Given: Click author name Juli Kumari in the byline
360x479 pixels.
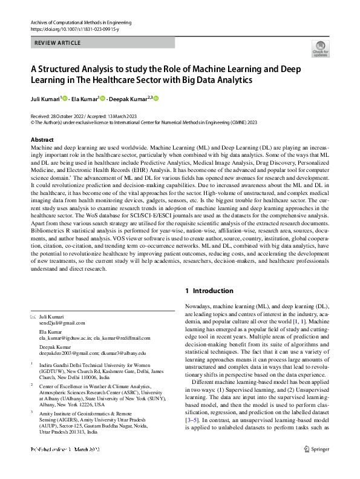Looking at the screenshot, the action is point(46,99).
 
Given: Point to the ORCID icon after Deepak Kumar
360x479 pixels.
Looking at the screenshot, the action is point(155,99).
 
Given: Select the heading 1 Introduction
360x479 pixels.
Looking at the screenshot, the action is point(209,291).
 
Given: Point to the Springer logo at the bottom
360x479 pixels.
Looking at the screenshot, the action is point(316,466).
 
